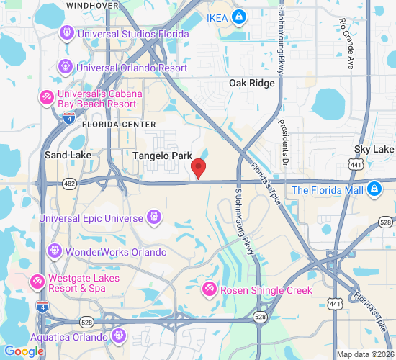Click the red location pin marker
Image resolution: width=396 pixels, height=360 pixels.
(x=199, y=169)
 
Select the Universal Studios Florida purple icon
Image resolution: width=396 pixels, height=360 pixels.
(x=67, y=32)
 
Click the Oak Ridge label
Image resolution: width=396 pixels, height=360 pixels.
(x=252, y=84)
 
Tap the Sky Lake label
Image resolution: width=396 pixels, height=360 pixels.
(x=374, y=149)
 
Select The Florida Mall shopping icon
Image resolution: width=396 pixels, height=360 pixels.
(x=374, y=189)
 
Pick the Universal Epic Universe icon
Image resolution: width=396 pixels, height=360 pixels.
(x=153, y=216)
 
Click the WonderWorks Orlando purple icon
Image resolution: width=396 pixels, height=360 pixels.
(x=55, y=251)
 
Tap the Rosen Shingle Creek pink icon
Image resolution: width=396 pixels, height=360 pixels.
(x=210, y=289)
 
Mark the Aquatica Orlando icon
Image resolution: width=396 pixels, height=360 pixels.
(x=118, y=335)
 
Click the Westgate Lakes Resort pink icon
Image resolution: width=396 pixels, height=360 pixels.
(x=37, y=281)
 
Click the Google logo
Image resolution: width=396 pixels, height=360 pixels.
(x=24, y=351)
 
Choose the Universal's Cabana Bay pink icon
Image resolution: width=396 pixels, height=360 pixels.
(x=46, y=96)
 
